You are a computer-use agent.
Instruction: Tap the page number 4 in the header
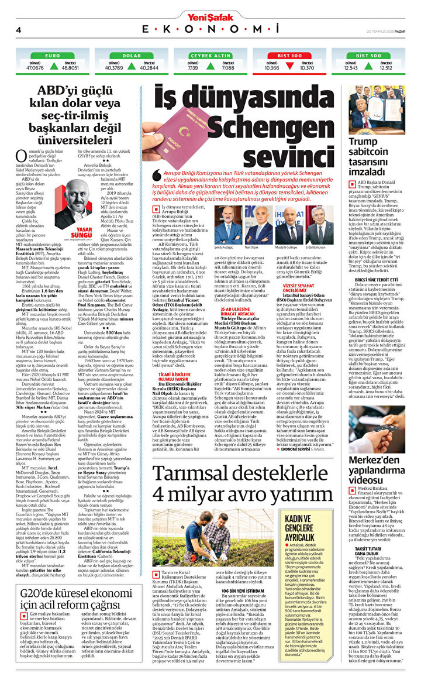click(19, 30)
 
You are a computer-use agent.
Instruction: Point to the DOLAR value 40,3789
click(113, 68)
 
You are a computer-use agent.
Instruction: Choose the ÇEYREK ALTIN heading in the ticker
click(210, 56)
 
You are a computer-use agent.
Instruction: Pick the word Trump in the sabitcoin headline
click(363, 141)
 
